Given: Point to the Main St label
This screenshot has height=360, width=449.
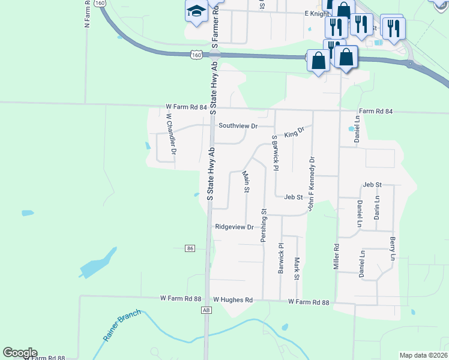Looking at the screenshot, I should (246, 182).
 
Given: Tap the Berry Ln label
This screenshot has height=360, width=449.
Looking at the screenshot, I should (393, 248).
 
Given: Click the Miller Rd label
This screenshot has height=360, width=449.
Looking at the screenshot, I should (337, 256).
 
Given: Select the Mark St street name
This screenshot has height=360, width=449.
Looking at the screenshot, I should (297, 268).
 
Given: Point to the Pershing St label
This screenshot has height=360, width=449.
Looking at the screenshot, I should (264, 226).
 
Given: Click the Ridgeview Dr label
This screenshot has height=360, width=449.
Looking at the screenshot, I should (235, 227).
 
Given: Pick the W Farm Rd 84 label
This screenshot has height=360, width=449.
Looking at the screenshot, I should (186, 107).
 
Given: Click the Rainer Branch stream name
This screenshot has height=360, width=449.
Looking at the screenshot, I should (122, 325).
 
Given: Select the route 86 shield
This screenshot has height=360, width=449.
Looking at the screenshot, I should (190, 248).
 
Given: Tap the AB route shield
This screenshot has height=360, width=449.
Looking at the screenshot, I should (206, 310).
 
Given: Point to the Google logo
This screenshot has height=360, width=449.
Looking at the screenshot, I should (20, 353).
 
